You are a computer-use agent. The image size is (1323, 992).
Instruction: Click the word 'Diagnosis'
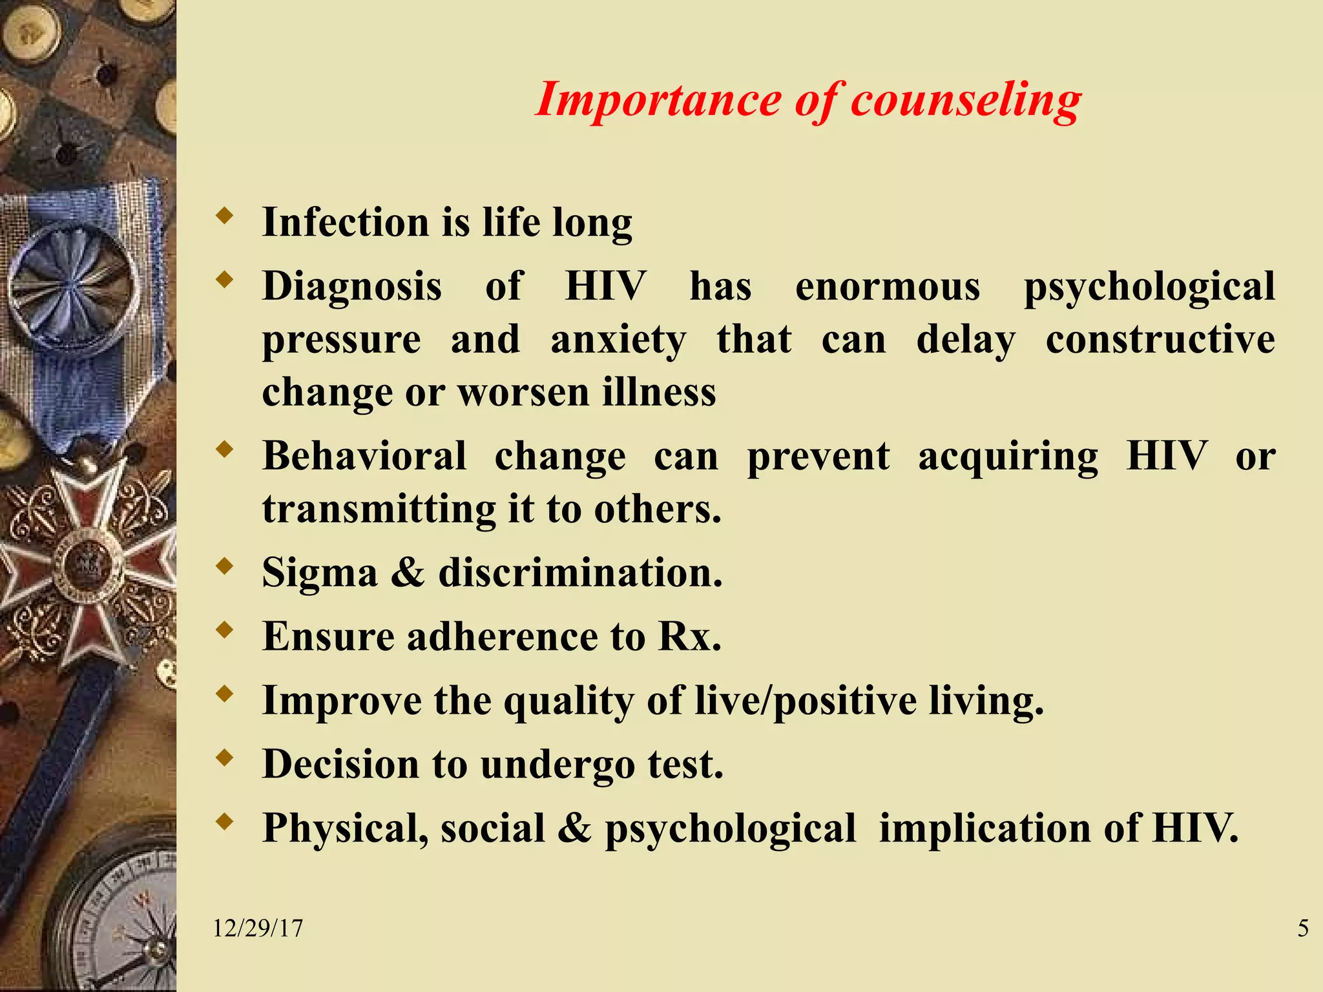(352, 286)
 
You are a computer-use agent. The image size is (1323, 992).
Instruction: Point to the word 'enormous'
(888, 286)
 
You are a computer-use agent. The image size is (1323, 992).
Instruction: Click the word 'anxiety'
(618, 340)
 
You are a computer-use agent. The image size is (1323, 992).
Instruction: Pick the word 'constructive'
(1160, 340)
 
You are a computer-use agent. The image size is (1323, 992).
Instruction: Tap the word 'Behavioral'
(364, 456)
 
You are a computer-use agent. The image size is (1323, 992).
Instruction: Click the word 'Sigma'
(320, 573)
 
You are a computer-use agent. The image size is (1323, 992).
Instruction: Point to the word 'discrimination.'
(580, 573)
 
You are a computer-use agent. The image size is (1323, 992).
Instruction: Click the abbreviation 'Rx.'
(689, 637)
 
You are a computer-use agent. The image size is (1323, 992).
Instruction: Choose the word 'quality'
(569, 701)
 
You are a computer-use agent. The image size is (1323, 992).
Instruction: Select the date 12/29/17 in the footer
(258, 929)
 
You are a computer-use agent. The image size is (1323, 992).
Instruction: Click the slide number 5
(1303, 929)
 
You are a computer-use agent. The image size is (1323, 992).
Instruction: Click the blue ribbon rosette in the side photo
(71, 285)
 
